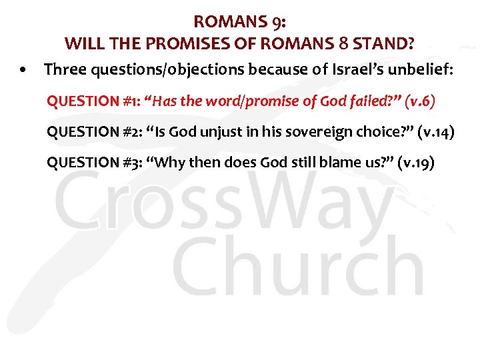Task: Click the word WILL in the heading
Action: pyautogui.click(x=82, y=45)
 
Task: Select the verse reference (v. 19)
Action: pyautogui.click(x=415, y=162)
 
